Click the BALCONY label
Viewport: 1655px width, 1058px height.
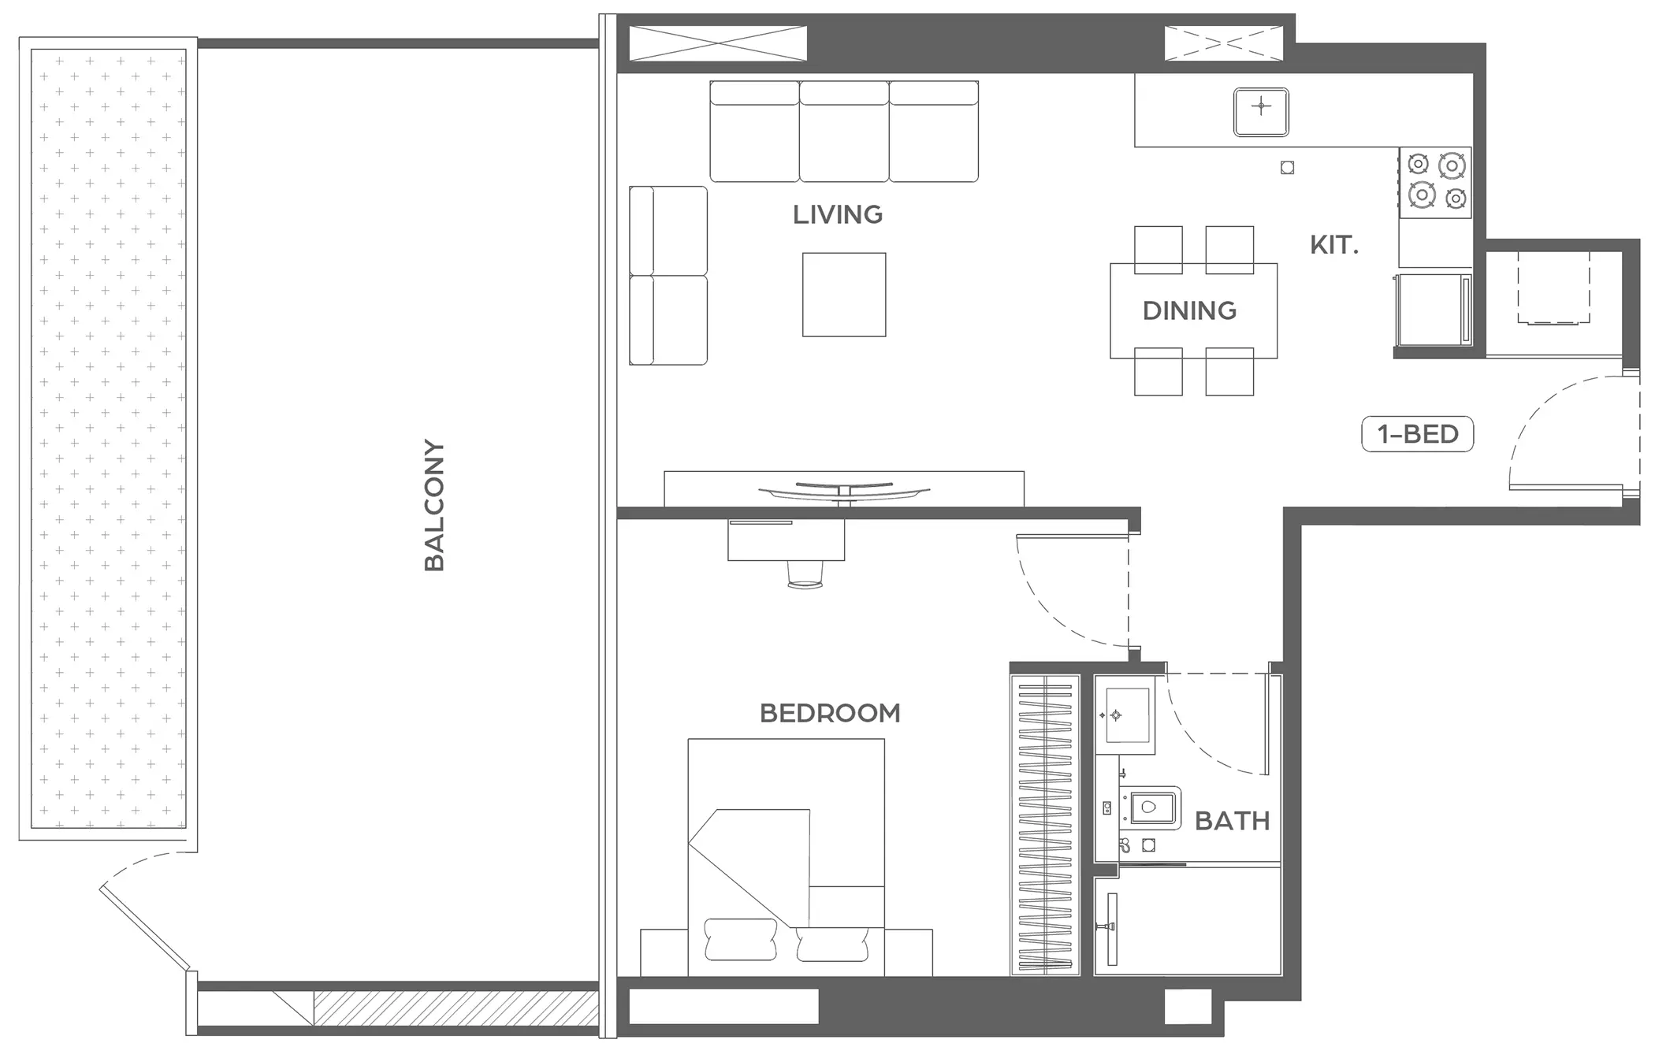[x=434, y=505]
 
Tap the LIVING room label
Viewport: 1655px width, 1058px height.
[x=837, y=214]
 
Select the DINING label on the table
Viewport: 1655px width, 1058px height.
[x=1189, y=310]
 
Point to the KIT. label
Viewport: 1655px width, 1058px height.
[x=1334, y=245]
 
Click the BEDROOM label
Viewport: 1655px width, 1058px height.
[x=830, y=713]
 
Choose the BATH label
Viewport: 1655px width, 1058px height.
[x=1233, y=821]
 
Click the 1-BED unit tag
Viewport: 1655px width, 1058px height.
[x=1418, y=434]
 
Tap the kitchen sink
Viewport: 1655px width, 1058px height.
[x=1261, y=112]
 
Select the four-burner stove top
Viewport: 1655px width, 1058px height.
[x=1435, y=182]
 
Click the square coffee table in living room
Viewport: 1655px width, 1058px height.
[x=844, y=295]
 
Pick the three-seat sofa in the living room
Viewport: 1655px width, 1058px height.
[x=844, y=132]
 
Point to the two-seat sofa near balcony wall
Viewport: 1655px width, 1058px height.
[x=668, y=276]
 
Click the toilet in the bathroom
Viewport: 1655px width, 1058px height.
[x=1151, y=807]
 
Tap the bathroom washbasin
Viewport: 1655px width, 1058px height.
[x=1129, y=715]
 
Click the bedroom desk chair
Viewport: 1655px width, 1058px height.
[x=805, y=574]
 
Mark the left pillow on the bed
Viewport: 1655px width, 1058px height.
[x=741, y=940]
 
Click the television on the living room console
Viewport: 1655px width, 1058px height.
[x=844, y=492]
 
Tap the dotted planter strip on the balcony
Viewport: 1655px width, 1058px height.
[x=109, y=439]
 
